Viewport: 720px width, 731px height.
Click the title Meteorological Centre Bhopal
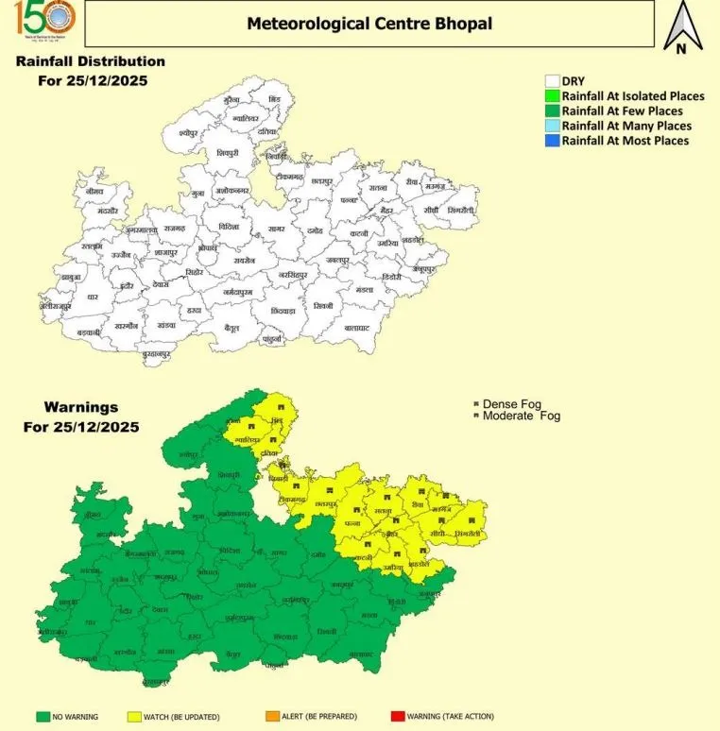[x=369, y=23]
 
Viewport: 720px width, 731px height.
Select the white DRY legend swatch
[x=553, y=81]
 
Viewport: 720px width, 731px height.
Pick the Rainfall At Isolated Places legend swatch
[x=553, y=96]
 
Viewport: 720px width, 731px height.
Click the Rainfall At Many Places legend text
[x=626, y=126]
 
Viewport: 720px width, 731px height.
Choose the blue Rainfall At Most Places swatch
[x=553, y=141]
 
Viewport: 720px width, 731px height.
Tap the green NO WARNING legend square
[x=42, y=717]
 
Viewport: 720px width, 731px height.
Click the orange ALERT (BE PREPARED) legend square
[x=273, y=717]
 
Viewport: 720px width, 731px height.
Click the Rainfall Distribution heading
[x=90, y=61]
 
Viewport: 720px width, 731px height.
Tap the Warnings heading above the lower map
[x=81, y=407]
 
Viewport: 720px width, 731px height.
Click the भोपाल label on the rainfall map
[x=208, y=246]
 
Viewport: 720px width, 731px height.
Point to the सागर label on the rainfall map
[x=278, y=229]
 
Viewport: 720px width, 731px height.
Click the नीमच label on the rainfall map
[x=94, y=190]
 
